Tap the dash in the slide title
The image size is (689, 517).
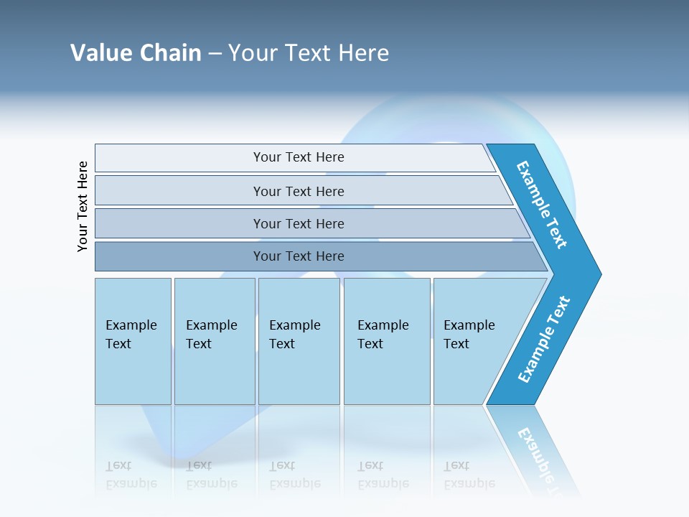215,53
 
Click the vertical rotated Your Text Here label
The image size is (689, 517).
83,206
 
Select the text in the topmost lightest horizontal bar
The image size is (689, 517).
299,157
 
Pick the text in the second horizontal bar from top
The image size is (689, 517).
299,191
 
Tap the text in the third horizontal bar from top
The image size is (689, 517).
299,223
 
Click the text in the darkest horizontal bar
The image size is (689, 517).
299,256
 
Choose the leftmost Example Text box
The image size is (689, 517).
131,335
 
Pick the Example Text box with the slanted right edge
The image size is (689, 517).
469,335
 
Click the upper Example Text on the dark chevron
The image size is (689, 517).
543,205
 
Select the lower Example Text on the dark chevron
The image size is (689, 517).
544,340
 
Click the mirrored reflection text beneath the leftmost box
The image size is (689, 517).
131,475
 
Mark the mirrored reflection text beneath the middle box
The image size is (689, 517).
295,475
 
